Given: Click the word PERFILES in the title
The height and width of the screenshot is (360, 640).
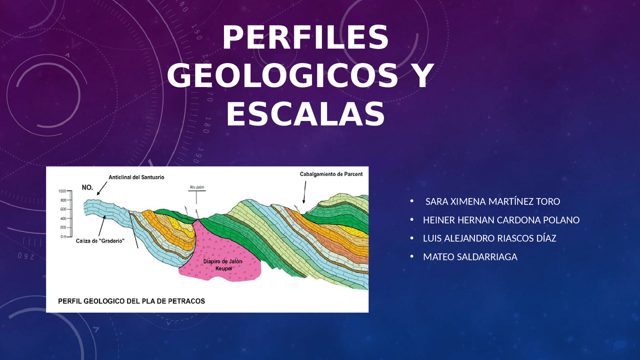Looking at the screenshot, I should coord(305,38).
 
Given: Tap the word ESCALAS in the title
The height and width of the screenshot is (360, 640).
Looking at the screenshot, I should coord(305,114).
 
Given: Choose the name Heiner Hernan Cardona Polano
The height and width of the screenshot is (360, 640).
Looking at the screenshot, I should coord(501,220).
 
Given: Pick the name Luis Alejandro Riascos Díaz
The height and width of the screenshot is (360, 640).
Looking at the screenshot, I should coord(489,238).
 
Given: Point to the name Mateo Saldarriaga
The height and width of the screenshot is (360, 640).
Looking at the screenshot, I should coord(470,257).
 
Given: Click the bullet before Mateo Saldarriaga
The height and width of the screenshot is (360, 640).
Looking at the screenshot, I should coord(412,256).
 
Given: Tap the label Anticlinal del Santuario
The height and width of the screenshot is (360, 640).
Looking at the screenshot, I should coord(136,177).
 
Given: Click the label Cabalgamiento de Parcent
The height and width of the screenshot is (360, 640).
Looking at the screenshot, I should coord(331,174).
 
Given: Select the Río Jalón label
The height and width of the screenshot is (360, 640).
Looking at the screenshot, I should coord(196,187).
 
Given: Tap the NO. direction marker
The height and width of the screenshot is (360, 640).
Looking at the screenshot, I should coord(87,188).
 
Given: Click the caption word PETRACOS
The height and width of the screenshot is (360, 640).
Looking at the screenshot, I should coord(185,301).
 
